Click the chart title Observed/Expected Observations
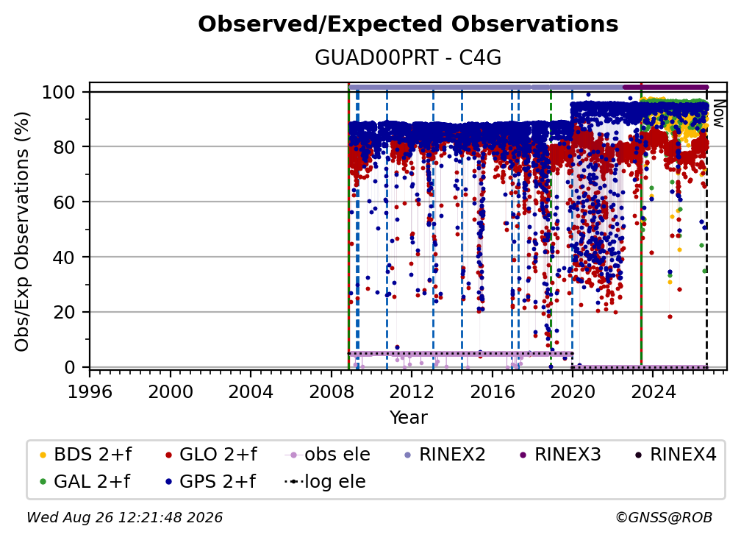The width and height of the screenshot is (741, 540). pos(408,24)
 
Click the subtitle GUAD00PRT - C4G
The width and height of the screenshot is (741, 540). pos(408,58)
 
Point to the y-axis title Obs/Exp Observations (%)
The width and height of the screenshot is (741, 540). pos(22,232)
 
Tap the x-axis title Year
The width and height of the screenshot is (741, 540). pos(408,418)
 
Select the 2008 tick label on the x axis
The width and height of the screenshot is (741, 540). pos(332,392)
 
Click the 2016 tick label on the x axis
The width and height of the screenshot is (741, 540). pos(493,392)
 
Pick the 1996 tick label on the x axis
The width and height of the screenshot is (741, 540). pos(90,392)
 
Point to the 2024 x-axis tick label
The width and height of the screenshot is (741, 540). pos(653,392)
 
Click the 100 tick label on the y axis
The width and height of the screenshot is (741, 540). pos(59,92)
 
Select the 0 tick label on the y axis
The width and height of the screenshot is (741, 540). pos(70,367)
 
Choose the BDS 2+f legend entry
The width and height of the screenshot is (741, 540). pos(85,455)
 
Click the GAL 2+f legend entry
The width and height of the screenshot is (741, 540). pos(85,482)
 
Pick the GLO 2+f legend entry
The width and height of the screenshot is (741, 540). pos(211,455)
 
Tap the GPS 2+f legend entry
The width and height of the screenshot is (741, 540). pos(210,482)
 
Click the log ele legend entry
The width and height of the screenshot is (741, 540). pos(325,482)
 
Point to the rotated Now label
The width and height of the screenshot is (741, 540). pos(718,113)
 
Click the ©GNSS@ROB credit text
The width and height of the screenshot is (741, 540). pos(664,517)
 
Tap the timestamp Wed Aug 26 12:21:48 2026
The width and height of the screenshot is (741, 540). pos(125,517)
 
